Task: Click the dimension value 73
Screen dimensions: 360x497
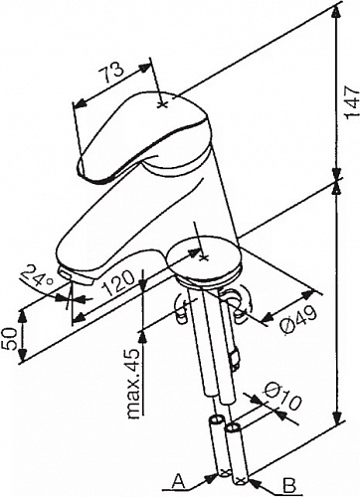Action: point(112,73)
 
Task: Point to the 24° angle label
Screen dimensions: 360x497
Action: point(37,276)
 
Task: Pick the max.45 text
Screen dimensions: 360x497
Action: point(133,384)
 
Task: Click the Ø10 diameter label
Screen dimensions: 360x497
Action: point(282,397)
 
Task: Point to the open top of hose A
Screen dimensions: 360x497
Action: point(217,420)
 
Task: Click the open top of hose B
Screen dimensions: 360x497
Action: point(234,427)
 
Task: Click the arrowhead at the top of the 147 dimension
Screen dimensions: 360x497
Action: point(336,11)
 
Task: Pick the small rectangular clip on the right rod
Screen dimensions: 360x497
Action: point(235,360)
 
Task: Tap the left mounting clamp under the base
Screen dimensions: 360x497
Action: point(182,309)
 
